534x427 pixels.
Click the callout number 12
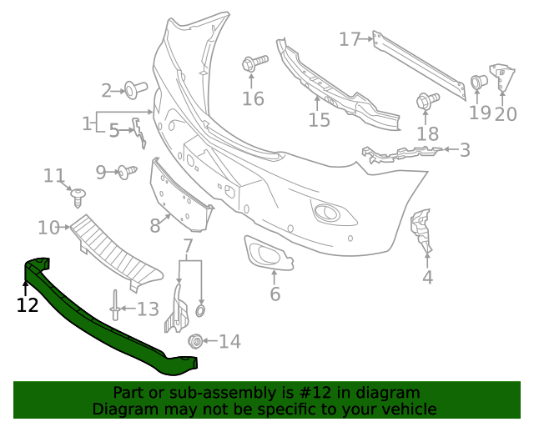coord(28,305)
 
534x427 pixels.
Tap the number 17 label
coord(350,38)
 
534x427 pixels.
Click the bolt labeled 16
coord(254,63)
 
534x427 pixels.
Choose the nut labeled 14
coord(197,340)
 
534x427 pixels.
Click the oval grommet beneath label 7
coord(200,311)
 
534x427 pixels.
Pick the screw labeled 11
coord(79,195)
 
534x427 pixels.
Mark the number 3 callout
coord(465,150)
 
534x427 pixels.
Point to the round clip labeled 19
coord(479,82)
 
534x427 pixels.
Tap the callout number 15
coord(319,120)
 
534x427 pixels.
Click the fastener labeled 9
coord(126,172)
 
